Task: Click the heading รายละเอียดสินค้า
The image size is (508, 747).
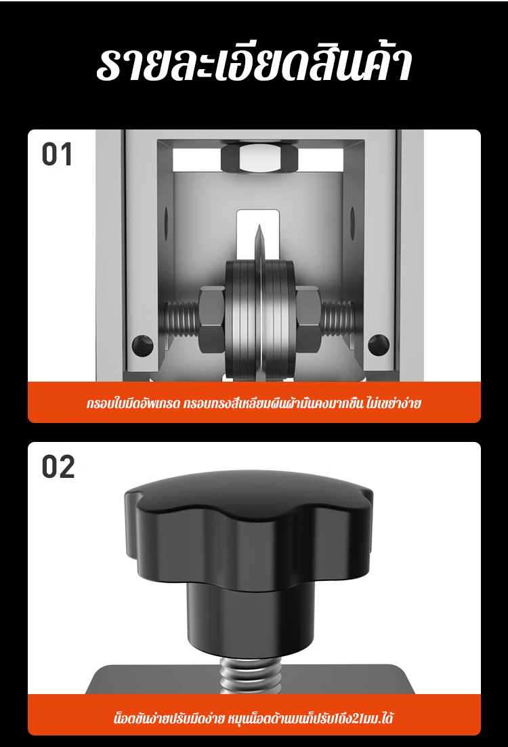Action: (254, 63)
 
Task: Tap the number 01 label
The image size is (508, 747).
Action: (57, 155)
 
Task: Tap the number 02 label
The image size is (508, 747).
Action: (58, 467)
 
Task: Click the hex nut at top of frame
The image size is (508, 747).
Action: (259, 158)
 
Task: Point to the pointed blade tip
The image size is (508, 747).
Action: (259, 226)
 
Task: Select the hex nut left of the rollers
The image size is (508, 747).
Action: (211, 319)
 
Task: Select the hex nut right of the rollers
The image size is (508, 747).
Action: (308, 319)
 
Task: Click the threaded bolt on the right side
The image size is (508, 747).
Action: (337, 318)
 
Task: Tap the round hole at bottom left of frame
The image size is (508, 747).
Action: (142, 346)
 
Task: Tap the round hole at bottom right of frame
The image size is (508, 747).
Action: (379, 345)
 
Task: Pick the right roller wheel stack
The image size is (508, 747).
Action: (279, 320)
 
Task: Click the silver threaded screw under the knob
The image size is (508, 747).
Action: (251, 674)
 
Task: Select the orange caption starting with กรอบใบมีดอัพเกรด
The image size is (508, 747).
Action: (254, 403)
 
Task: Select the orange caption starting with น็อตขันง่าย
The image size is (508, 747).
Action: (254, 718)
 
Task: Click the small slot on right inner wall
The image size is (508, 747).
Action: (353, 217)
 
